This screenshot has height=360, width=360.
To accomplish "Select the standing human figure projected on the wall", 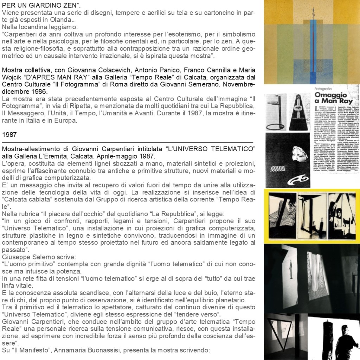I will pos(290,269).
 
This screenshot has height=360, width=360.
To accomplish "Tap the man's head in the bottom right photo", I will pos(345,331).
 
